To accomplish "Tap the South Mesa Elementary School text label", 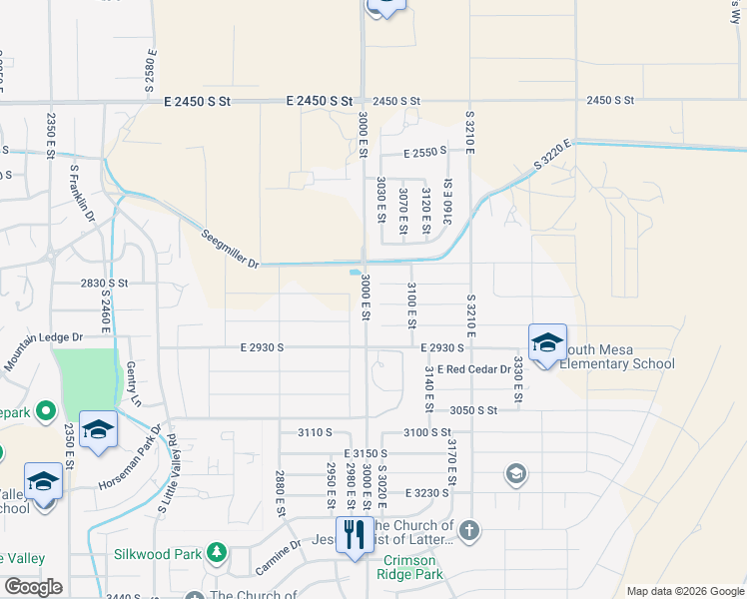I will pyautogui.click(x=617, y=356).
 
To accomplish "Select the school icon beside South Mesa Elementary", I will pyautogui.click(x=547, y=342).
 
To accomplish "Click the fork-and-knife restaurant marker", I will pyautogui.click(x=353, y=535).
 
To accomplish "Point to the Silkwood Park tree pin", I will pyautogui.click(x=216, y=552).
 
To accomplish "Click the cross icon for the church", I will pyautogui.click(x=469, y=530).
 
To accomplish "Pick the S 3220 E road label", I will pyautogui.click(x=552, y=158).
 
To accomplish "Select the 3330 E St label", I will pyautogui.click(x=518, y=378).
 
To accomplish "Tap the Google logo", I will pyautogui.click(x=33, y=587).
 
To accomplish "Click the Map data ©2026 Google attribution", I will pyautogui.click(x=684, y=591).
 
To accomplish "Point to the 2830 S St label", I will pyautogui.click(x=105, y=284).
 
